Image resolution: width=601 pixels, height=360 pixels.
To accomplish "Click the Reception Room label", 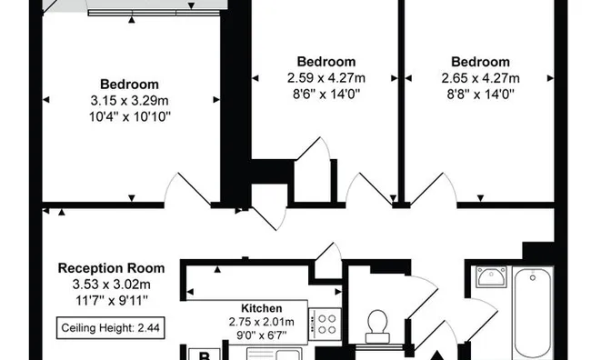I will click(111, 268).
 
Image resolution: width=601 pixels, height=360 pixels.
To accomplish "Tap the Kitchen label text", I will click(261, 308).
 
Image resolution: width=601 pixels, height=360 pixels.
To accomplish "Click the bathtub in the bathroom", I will click(533, 310).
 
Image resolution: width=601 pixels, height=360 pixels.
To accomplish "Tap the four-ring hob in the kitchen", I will click(325, 323).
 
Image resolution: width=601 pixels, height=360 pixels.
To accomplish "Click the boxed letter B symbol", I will click(205, 354).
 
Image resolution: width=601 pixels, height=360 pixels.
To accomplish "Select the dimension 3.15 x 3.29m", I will click(130, 99).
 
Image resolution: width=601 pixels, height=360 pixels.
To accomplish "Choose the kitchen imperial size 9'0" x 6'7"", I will click(261, 336).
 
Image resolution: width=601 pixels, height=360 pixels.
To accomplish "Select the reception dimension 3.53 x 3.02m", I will click(111, 284).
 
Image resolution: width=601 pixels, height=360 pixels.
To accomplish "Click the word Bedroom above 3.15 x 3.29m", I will click(130, 84).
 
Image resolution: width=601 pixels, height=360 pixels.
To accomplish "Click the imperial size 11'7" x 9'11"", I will click(111, 299).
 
